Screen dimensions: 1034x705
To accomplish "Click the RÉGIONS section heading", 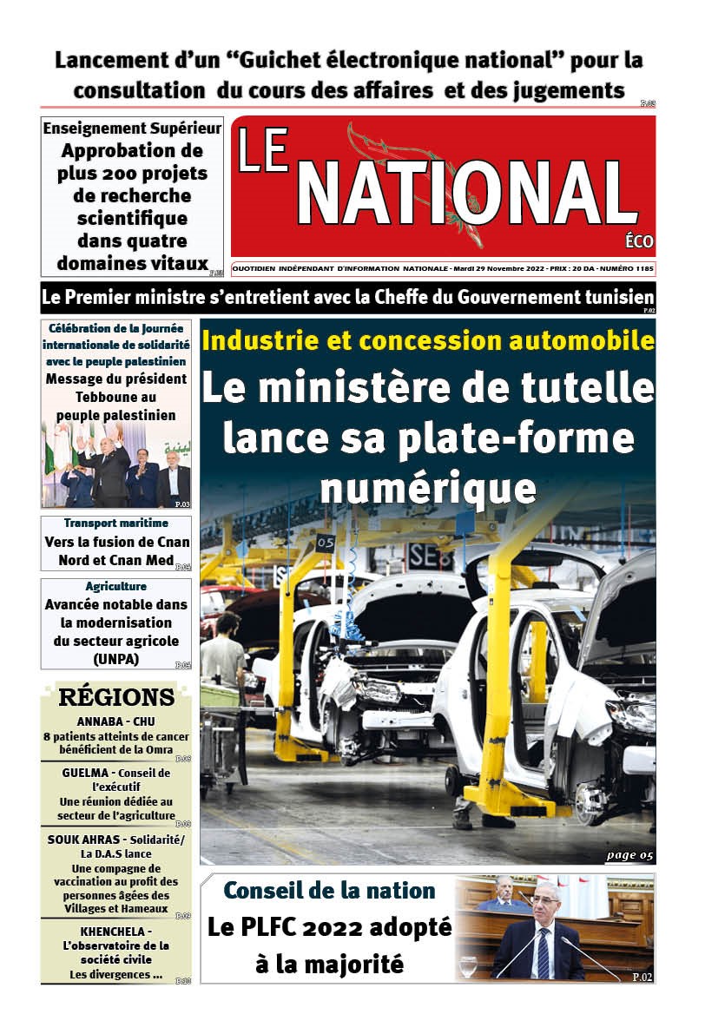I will coord(116,698).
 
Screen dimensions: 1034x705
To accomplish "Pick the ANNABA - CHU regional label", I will coord(115,721).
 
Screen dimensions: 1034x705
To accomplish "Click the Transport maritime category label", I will coord(115,523).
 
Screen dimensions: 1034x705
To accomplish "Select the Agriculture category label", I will coord(115,586).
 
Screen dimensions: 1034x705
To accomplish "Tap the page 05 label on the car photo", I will coord(629,855).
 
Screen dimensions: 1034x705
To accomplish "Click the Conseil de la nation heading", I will coord(329,890).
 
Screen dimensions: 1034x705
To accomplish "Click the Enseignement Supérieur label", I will coord(132,128).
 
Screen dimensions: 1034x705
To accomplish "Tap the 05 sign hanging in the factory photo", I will coord(325,543).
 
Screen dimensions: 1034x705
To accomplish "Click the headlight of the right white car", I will coord(630,717).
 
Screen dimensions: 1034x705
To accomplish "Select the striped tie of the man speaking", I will coord(543,952).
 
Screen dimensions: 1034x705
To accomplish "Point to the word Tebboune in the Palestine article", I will coord(115,397).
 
